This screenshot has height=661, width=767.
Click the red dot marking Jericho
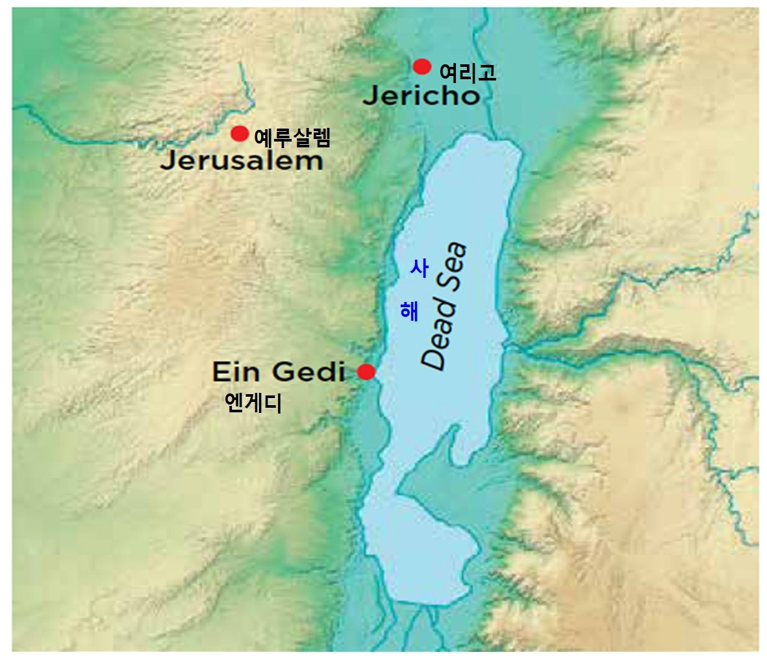(x=422, y=66)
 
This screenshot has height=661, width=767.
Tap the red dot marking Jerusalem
(x=240, y=134)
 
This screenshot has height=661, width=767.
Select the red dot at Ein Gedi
(x=366, y=372)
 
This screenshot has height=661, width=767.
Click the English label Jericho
(x=421, y=96)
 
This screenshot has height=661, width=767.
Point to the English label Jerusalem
(x=241, y=160)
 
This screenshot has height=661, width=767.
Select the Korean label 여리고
(x=468, y=71)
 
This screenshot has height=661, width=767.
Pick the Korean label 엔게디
(x=253, y=404)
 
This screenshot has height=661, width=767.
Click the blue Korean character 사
(x=419, y=268)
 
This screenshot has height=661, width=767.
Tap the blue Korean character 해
(x=409, y=311)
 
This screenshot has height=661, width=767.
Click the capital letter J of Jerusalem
(x=167, y=161)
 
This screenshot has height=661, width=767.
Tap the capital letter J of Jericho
(x=370, y=97)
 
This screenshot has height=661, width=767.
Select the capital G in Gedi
(x=283, y=373)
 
